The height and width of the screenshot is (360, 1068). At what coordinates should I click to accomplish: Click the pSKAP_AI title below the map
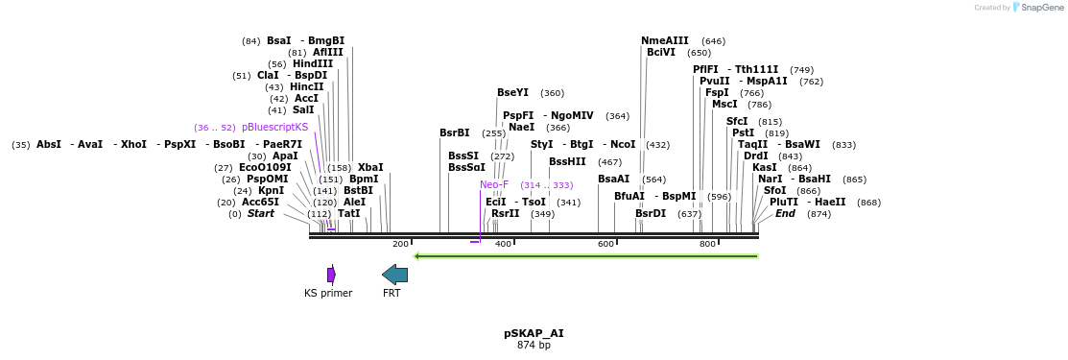point(534,333)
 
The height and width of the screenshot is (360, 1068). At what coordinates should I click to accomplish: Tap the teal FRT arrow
point(394,275)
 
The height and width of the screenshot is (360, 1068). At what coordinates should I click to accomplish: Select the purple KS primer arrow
point(331,275)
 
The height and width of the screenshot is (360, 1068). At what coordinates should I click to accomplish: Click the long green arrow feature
point(585,255)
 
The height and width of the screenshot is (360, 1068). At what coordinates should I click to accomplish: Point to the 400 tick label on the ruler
point(503,244)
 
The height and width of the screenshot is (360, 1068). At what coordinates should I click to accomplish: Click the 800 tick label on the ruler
point(707,244)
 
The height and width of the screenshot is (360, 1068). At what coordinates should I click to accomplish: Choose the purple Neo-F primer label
point(494,184)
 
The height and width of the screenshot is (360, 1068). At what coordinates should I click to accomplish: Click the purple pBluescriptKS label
point(274,127)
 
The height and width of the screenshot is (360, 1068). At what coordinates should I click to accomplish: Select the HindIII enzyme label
point(313,64)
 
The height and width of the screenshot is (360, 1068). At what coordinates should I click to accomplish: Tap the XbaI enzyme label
point(370,167)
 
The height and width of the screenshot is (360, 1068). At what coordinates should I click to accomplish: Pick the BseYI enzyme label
point(512,93)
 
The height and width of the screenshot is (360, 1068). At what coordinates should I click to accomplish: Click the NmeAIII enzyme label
point(665,40)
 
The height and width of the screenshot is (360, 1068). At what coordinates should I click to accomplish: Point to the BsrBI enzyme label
point(455,132)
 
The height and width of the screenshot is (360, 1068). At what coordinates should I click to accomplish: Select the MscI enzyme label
point(724,104)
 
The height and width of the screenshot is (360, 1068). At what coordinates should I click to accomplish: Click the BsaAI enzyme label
point(613,179)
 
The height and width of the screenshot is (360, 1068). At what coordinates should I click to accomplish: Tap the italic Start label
point(260,213)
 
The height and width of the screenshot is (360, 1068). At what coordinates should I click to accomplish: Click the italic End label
point(785,213)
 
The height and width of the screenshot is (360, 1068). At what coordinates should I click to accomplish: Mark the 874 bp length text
point(534,345)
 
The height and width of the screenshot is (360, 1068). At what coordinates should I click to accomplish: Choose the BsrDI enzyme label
point(651,213)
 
